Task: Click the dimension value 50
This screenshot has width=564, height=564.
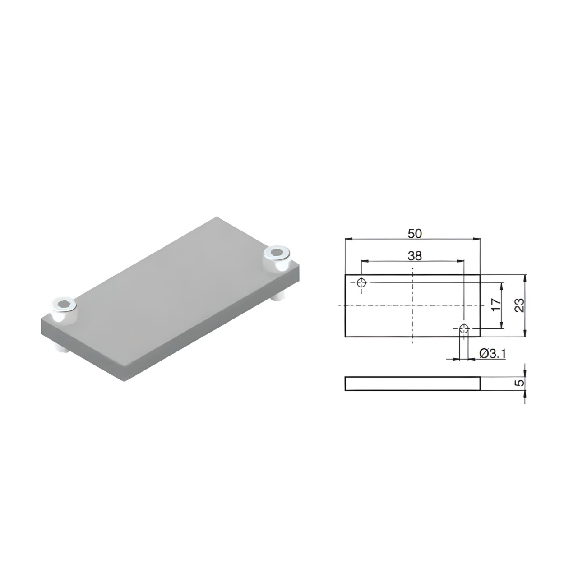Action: (x=415, y=233)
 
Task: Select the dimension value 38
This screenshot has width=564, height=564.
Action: (x=415, y=255)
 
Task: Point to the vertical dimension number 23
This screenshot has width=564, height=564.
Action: (x=520, y=305)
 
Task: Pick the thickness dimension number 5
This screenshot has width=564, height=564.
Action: (x=520, y=383)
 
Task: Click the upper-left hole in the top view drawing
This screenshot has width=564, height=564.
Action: (x=361, y=283)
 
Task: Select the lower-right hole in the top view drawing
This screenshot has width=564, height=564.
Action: (x=464, y=328)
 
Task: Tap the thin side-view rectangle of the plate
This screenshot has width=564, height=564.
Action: (x=412, y=384)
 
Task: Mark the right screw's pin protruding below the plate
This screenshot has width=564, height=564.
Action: (x=280, y=297)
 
